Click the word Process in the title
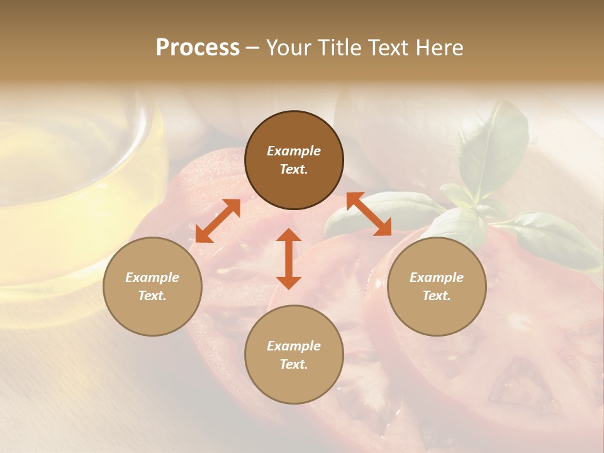pyautogui.click(x=198, y=48)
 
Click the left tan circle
pyautogui.click(x=152, y=286)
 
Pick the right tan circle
pyautogui.click(x=437, y=286)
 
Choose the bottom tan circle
pyautogui.click(x=294, y=354)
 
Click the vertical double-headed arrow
pyautogui.click(x=289, y=259)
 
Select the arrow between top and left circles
pyautogui.click(x=218, y=221)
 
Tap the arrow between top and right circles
pyautogui.click(x=369, y=214)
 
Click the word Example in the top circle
pyautogui.click(x=294, y=151)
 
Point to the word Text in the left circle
pyautogui.click(x=152, y=296)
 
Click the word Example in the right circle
pyautogui.click(x=437, y=277)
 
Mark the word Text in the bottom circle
pyautogui.click(x=294, y=364)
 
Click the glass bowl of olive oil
pyautogui.click(x=69, y=189)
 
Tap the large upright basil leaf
pyautogui.click(x=494, y=148)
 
